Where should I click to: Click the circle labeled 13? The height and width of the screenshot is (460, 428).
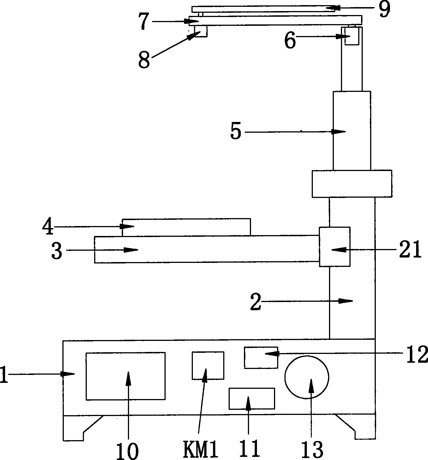(307, 377)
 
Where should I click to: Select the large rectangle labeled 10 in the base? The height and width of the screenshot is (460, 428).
(125, 376)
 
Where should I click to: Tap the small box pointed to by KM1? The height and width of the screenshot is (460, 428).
(208, 365)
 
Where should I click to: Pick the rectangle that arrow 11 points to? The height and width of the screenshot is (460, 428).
(252, 398)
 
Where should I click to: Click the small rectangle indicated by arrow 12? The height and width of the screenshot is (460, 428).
(261, 357)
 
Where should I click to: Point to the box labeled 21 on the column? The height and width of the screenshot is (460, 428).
(335, 246)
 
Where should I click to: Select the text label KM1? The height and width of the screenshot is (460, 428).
(201, 449)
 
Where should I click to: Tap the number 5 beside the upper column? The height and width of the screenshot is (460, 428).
(236, 132)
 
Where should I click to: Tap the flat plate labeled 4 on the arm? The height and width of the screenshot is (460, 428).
(186, 227)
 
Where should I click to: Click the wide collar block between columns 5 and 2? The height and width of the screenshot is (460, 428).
(352, 183)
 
